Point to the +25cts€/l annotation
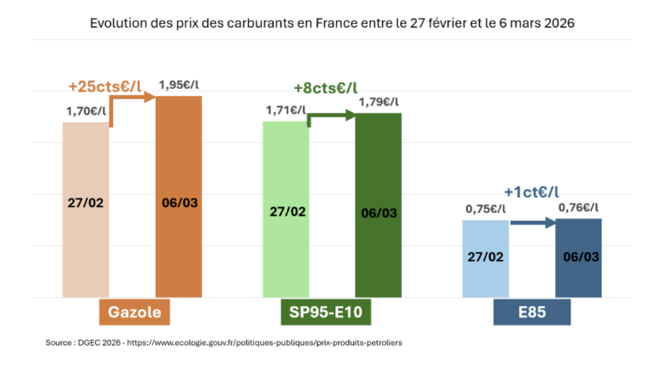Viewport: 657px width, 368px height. click(104, 86)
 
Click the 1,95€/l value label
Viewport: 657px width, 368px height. click(181, 85)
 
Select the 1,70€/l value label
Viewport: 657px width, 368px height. click(86, 110)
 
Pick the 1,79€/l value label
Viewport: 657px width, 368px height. click(378, 102)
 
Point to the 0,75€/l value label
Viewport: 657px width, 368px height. click(485, 208)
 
